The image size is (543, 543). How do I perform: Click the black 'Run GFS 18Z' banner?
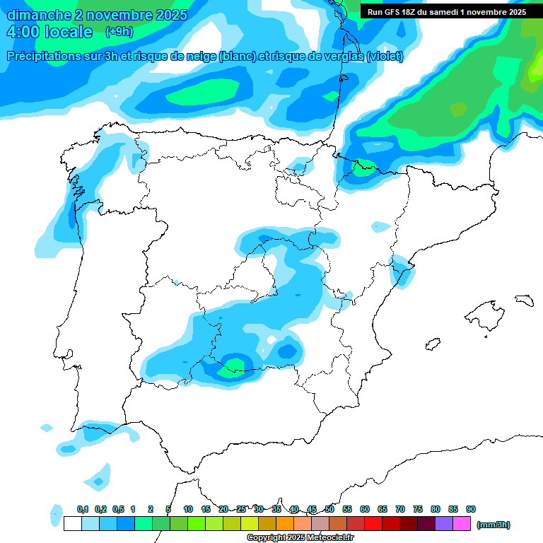point(446,12)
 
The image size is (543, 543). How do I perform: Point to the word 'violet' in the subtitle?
point(383,57)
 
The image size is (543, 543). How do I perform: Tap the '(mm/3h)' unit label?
point(493,525)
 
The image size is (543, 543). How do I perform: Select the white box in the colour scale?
point(72,524)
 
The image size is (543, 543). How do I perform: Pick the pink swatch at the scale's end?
point(462,524)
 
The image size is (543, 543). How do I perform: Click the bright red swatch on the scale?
point(373,524)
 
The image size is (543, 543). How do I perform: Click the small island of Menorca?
point(524,300)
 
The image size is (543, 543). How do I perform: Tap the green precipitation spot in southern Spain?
point(234,366)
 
